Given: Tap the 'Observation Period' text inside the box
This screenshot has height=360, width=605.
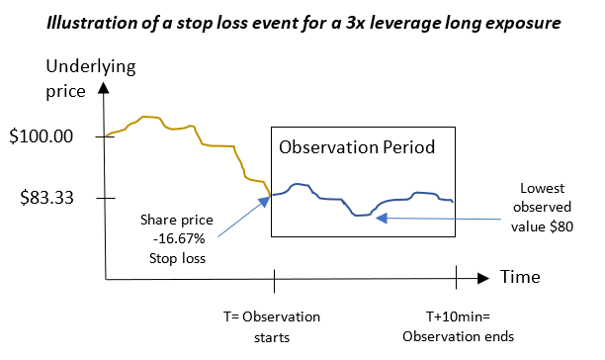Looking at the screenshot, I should [356, 148].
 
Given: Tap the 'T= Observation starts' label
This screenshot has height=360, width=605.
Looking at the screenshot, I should [271, 326].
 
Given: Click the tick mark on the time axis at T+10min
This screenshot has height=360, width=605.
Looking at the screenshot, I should [456, 279].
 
